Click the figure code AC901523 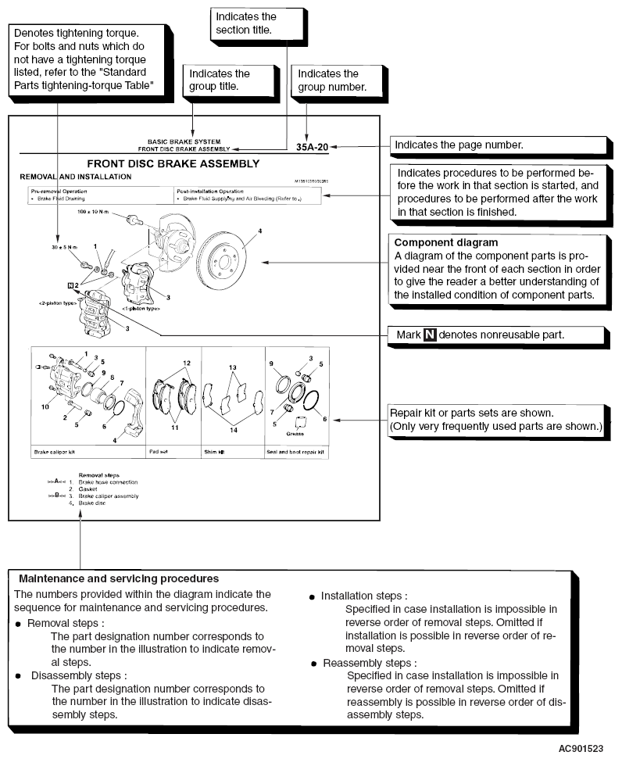point(581,748)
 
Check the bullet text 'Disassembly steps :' point(78,674)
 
